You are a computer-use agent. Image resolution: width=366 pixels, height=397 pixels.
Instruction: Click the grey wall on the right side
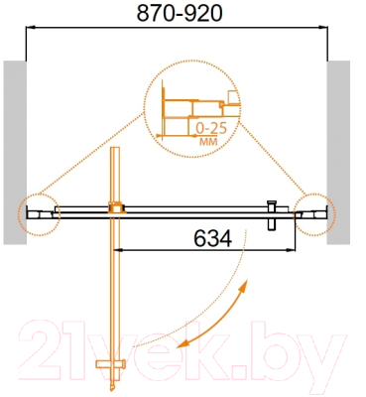339,149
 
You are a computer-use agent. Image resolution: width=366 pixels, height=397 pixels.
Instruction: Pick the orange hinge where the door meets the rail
116,209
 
